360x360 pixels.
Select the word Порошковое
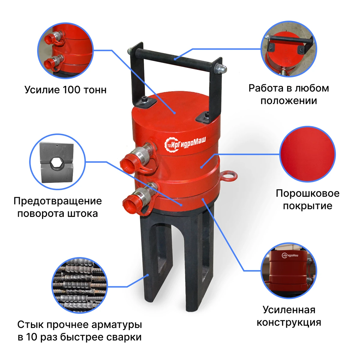click(x=307, y=194)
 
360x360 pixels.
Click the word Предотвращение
click(x=58, y=201)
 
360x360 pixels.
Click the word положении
click(x=289, y=101)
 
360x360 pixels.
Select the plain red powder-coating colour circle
click(x=307, y=154)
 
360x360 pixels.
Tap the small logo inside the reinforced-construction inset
click(x=290, y=255)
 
